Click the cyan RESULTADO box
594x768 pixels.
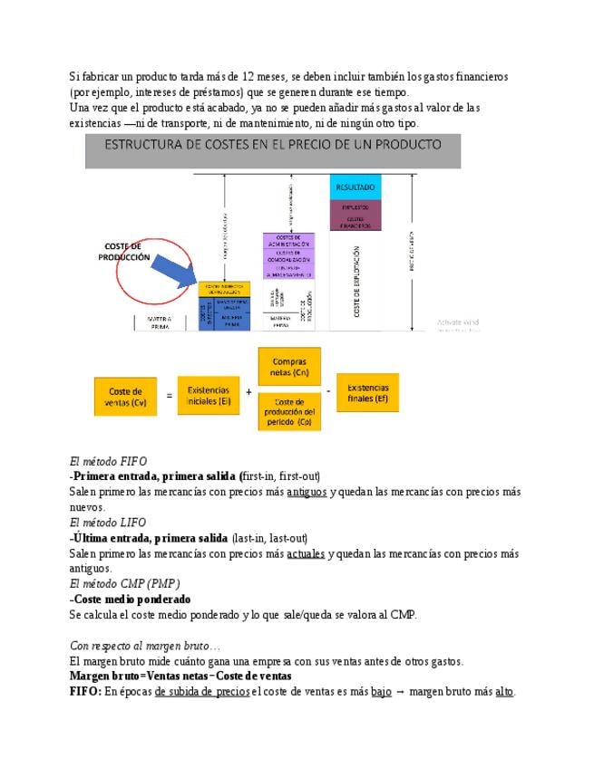pos(355,187)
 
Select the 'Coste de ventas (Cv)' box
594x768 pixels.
pos(125,397)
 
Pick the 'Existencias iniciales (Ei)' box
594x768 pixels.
pos(209,396)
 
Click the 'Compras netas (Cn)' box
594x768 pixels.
pos(289,367)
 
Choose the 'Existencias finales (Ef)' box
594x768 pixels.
pos(367,392)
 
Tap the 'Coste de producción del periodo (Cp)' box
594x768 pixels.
pos(289,415)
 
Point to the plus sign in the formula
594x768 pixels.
pos(248,392)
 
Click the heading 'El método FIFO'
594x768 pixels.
pos(108,461)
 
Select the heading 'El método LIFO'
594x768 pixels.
pos(108,523)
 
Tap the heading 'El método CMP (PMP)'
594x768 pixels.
pos(124,584)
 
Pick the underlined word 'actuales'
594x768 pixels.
pos(306,553)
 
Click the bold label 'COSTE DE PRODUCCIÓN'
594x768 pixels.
pos(124,251)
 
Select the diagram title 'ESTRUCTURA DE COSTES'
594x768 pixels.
pos(273,145)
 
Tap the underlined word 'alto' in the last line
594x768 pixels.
pos(504,692)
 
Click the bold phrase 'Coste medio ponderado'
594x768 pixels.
pos(131,600)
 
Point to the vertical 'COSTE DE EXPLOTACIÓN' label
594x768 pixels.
pos(356,282)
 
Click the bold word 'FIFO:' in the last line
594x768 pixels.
pos(85,692)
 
